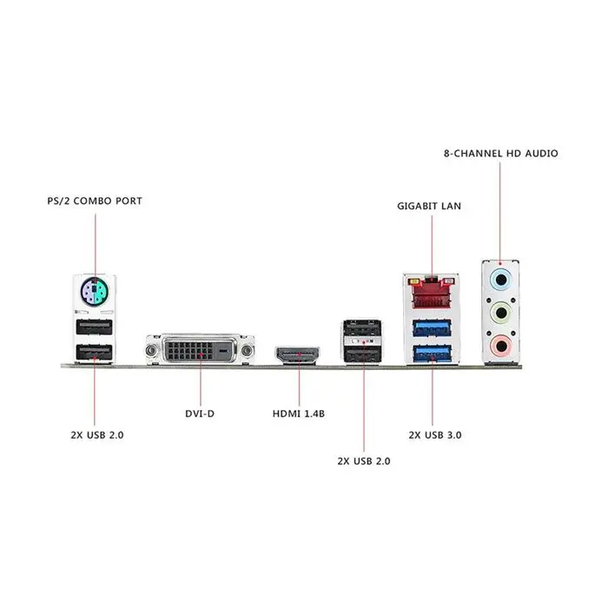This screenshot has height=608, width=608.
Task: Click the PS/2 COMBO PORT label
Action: point(95,201)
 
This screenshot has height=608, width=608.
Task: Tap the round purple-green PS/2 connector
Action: point(95,291)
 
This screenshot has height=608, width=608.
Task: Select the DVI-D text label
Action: point(200,413)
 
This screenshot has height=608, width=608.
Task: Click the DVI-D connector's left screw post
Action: point(151,351)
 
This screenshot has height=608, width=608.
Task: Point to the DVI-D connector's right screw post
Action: point(247,351)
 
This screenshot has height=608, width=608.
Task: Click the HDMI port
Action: point(297,355)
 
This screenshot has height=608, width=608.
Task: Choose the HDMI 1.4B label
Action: point(299,413)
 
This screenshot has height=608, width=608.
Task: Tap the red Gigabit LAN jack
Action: point(432,294)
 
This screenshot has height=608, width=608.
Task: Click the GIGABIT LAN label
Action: point(429,206)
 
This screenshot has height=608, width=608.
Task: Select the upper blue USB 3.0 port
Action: point(432,328)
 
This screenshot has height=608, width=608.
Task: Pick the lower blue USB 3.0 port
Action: point(432,354)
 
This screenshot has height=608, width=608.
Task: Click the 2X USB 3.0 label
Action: point(435,435)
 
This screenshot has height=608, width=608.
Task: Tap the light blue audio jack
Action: point(501,280)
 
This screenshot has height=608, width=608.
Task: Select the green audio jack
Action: point(501,312)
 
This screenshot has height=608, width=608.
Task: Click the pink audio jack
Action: point(501,346)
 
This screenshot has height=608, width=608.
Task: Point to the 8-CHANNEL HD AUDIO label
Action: point(501,153)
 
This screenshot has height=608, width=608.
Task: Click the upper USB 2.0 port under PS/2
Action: point(94,327)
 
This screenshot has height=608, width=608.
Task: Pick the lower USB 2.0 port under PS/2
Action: point(94,353)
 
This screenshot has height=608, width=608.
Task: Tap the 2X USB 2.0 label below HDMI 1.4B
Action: point(364,461)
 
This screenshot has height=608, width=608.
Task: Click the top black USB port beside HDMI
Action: point(362,328)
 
